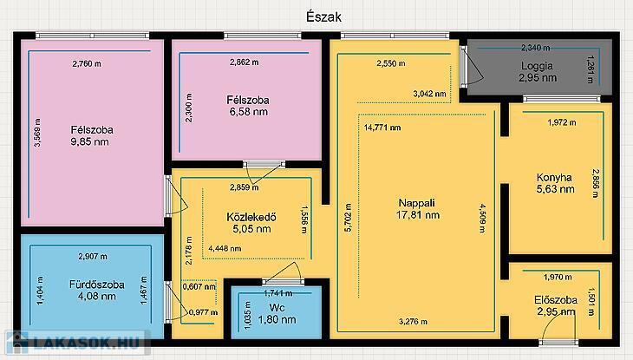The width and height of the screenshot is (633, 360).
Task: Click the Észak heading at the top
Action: pyautogui.click(x=323, y=17)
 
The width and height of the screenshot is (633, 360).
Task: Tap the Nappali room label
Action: pyautogui.click(x=416, y=203)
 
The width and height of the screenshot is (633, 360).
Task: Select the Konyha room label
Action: pyautogui.click(x=554, y=177)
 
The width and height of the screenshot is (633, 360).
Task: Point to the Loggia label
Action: pyautogui.click(x=537, y=66)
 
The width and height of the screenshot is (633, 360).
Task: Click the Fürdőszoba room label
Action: pyautogui.click(x=97, y=285)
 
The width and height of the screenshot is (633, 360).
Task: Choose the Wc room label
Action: pyautogui.click(x=277, y=308)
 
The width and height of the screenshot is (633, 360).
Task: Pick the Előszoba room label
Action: pyautogui.click(x=556, y=300)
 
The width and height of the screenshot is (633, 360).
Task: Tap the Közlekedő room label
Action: pyautogui.click(x=251, y=218)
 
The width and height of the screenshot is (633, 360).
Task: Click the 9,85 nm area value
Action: pyautogui.click(x=89, y=141)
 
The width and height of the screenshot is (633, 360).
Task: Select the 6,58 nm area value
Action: pyautogui.click(x=249, y=112)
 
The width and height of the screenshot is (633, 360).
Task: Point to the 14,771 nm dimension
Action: pyautogui.click(x=382, y=128)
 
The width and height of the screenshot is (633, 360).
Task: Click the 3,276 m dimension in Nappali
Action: pyautogui.click(x=413, y=322)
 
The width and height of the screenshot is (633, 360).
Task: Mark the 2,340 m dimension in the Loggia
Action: pyautogui.click(x=535, y=48)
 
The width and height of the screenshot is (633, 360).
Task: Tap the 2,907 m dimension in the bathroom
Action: pyautogui.click(x=93, y=256)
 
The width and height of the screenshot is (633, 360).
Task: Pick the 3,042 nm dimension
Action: pyautogui.click(x=429, y=94)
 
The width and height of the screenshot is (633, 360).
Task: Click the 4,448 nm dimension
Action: pyautogui.click(x=225, y=248)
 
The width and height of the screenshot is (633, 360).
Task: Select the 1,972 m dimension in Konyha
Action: pyautogui.click(x=562, y=122)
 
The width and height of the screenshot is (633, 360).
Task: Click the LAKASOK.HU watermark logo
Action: pyautogui.click(x=76, y=343)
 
